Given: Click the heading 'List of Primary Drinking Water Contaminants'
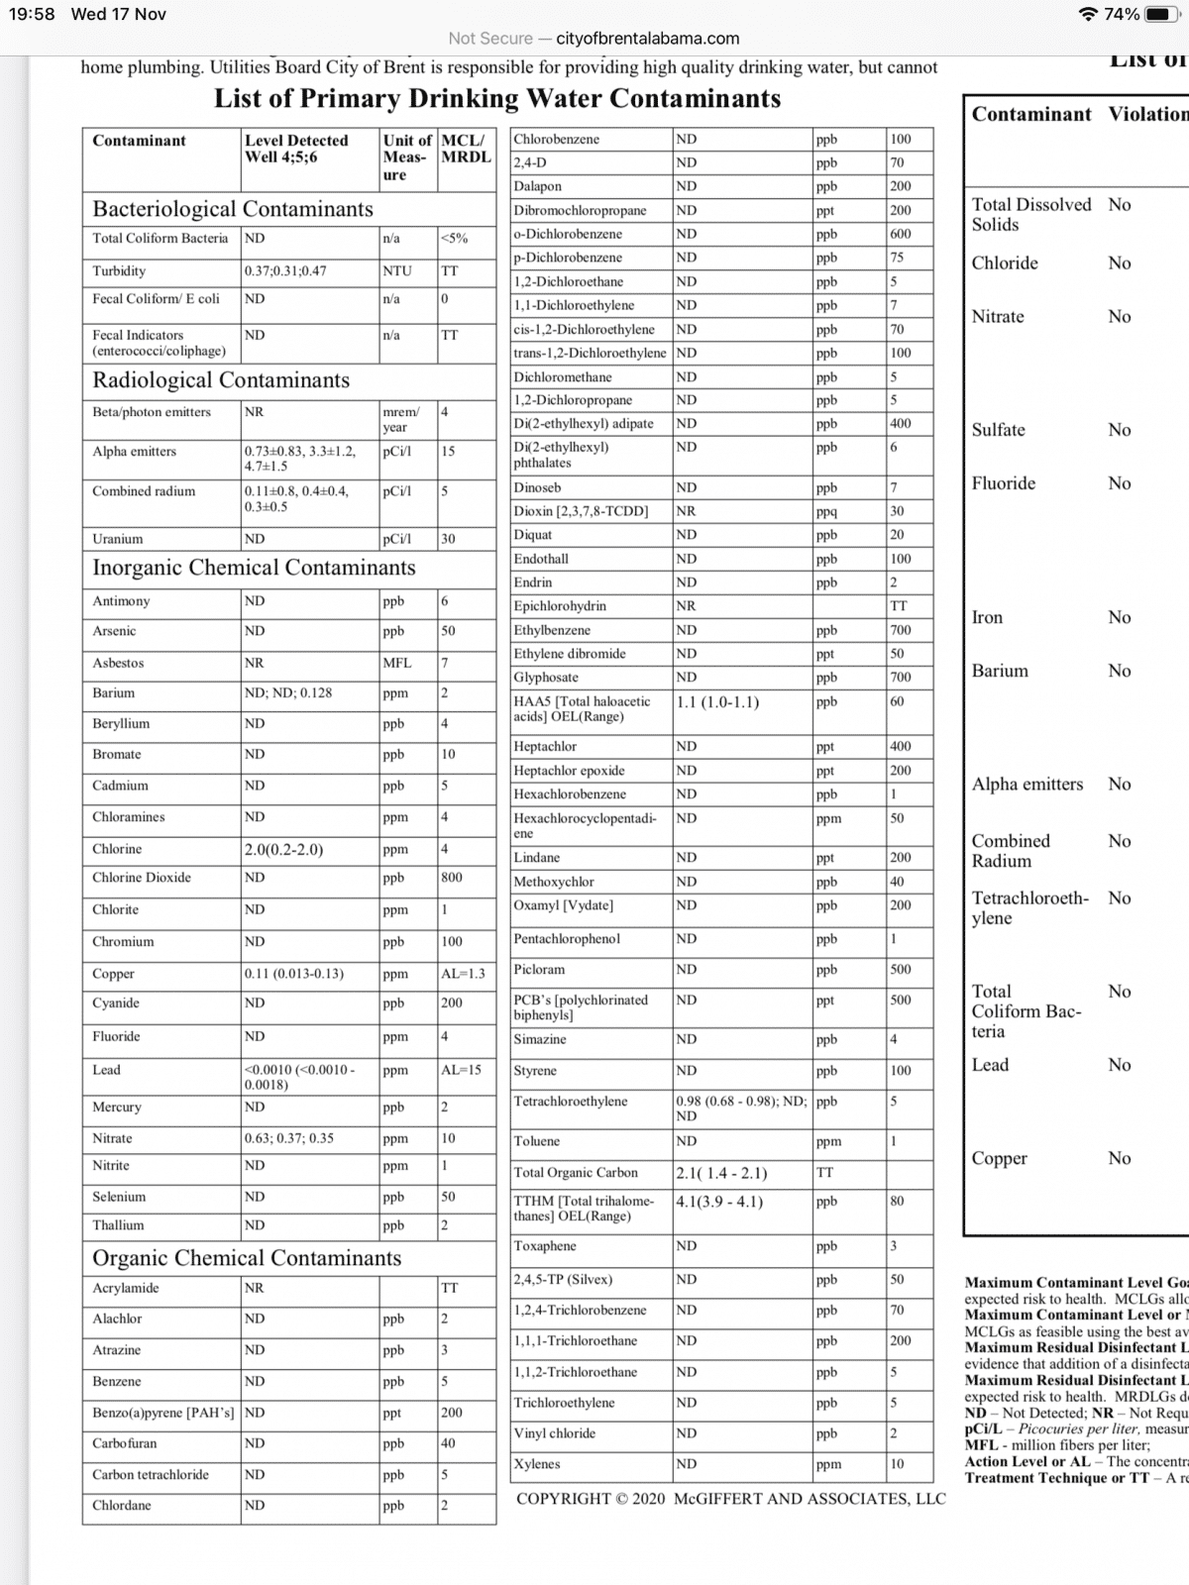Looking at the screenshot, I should point(497,99).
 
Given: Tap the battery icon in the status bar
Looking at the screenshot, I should point(1160,15).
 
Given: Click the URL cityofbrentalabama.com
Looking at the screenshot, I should point(647,39).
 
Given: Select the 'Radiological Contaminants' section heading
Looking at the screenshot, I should point(221,380).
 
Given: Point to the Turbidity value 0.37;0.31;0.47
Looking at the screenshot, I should point(285,270).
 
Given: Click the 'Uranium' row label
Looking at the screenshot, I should point(118,539).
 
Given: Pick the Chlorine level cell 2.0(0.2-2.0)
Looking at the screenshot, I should point(283,849).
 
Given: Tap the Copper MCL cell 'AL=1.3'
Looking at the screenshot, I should point(463,974).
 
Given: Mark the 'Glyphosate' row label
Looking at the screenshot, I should point(546,678).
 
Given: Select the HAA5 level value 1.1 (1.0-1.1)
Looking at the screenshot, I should point(717,702).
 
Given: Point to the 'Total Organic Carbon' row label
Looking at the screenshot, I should point(576,1173).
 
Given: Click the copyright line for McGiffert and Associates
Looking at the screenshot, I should point(730,1499).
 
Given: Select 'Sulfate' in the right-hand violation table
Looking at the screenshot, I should point(999,430).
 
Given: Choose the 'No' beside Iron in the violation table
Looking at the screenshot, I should point(1120,617).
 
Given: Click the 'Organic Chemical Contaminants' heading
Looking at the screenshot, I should point(247,1258).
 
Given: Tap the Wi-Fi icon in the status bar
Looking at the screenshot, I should point(1090,15).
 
